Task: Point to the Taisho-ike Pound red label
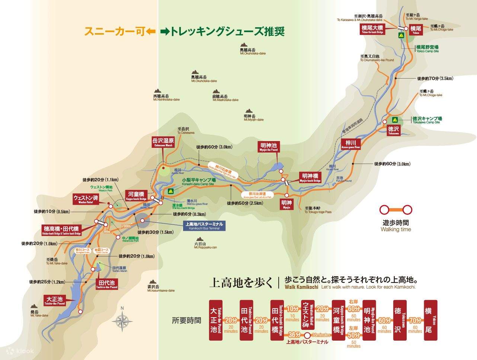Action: (55, 300)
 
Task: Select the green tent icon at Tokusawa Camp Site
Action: (395, 120)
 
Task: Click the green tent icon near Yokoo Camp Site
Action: (401, 36)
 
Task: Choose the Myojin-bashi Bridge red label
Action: (310, 177)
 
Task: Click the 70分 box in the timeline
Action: (414, 320)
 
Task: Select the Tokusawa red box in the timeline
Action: (398, 320)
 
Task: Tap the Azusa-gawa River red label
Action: (351, 144)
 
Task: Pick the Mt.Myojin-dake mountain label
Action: (253, 118)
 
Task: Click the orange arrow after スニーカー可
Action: (151, 32)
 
